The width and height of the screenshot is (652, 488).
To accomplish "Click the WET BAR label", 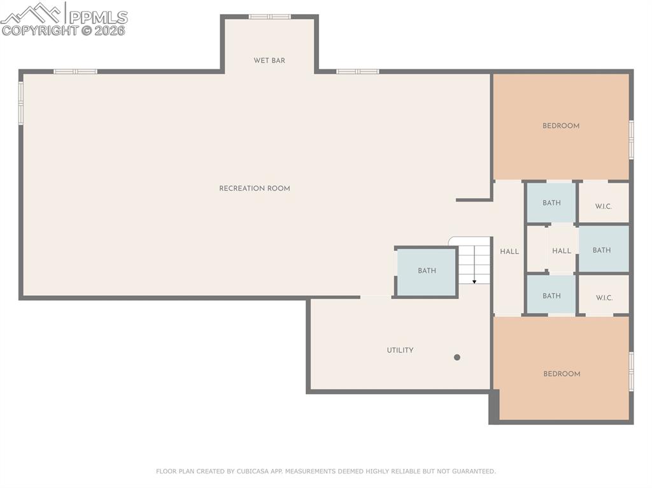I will tap(269, 60).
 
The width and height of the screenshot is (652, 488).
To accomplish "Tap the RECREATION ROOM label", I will tap(255, 188).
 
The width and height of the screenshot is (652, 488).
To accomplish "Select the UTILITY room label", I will tap(400, 350).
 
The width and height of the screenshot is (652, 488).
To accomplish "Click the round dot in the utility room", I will tap(457, 358).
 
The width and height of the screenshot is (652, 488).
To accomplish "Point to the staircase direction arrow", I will tap(474, 281).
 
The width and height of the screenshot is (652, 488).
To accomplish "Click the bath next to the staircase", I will tap(427, 271).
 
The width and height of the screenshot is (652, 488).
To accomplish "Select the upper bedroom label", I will tap(561, 126).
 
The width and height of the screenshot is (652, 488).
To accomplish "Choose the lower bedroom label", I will tap(562, 374).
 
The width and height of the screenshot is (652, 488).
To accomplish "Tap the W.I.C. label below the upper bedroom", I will tap(604, 206).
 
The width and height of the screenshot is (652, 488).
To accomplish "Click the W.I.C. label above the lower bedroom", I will tap(604, 298).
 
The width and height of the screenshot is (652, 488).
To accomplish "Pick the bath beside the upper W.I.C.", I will tap(551, 203).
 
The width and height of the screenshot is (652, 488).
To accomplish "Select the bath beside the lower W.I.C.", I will tap(551, 296).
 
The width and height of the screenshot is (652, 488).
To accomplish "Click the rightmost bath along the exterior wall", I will tap(602, 250).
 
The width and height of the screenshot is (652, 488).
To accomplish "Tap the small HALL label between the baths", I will tap(562, 251).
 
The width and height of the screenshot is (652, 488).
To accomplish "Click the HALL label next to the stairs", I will tap(509, 251).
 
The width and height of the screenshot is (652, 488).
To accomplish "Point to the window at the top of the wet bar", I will tap(269, 17).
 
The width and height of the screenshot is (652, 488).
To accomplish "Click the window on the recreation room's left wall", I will tap(20, 102).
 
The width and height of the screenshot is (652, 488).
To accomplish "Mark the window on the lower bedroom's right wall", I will tap(631, 371).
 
